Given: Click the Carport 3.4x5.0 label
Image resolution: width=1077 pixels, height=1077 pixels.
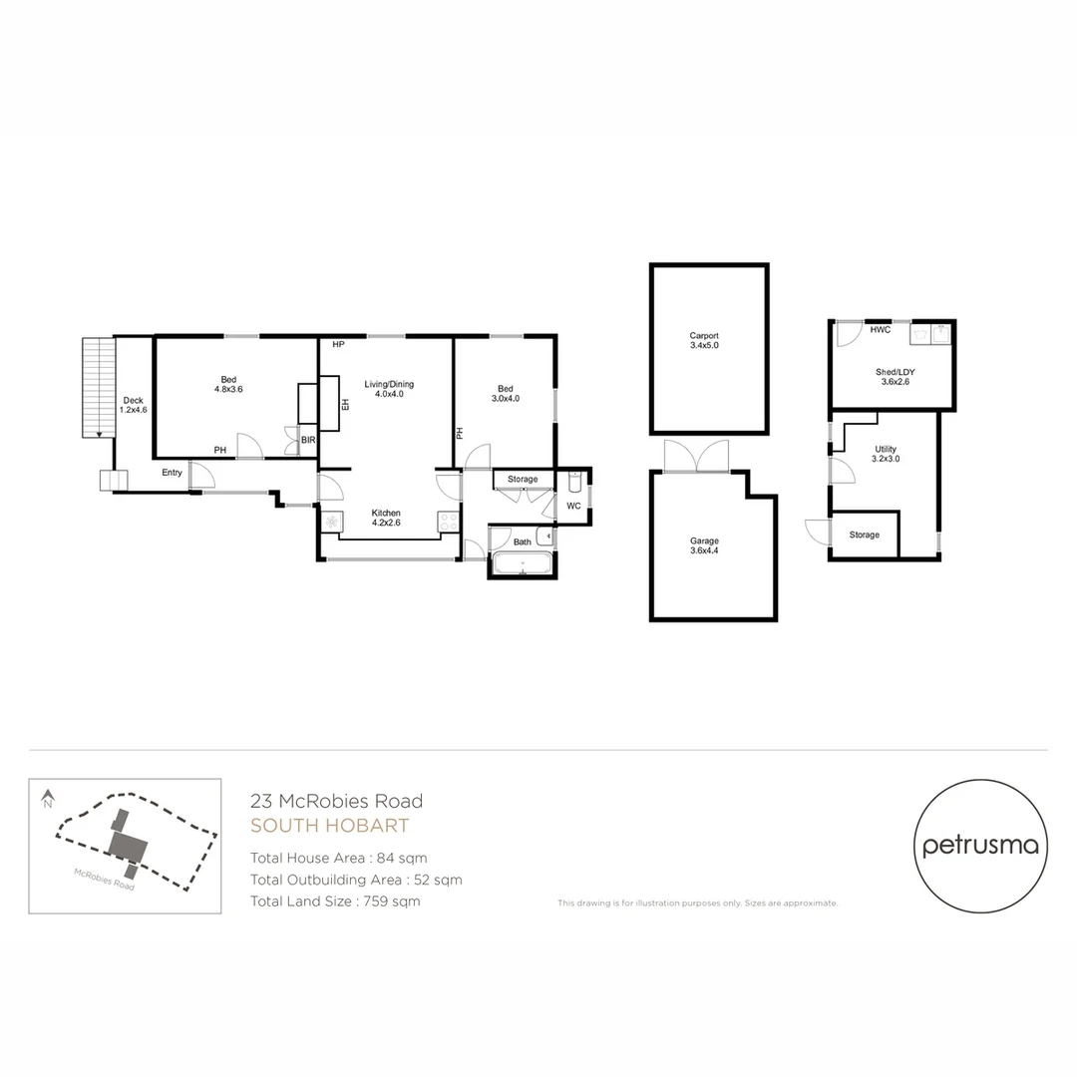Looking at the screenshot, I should coord(703,340).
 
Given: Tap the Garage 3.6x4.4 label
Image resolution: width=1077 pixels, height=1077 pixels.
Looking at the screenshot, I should coord(704,546).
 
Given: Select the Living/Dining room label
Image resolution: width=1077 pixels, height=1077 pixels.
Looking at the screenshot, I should coord(388,390).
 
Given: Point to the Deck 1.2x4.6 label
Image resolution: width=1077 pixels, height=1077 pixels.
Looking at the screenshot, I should coord(133,405).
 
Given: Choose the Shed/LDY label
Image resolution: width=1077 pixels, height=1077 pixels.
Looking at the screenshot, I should coord(895,376).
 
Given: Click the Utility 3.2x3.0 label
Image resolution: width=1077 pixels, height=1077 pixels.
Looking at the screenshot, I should coord(886,455).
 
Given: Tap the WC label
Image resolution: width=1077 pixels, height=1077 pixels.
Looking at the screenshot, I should coord(573,507).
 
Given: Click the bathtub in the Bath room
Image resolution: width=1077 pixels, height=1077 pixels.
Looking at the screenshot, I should coord(523,565).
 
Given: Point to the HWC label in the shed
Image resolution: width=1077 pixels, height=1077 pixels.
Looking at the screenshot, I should coord(880,330).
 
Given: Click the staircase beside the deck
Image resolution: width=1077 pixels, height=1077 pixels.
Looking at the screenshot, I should coord(98,387).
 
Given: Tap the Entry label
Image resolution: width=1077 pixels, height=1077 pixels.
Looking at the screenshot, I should coord(172,473).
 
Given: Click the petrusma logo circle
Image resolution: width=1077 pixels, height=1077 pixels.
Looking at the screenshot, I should coord(980,847).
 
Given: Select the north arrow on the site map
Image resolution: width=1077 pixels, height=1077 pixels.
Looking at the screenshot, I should coord(47,799).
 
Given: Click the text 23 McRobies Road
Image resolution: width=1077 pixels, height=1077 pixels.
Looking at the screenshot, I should coord(336,801).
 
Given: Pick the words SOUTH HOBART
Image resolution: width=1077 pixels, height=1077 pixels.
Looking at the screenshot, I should coord(329,826).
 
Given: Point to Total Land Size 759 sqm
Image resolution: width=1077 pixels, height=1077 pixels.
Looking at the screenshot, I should coord(335,901).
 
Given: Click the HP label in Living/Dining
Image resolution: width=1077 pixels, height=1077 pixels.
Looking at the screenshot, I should coord(339,345).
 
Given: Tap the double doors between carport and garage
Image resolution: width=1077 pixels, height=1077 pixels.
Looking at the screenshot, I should coord(696,456).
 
